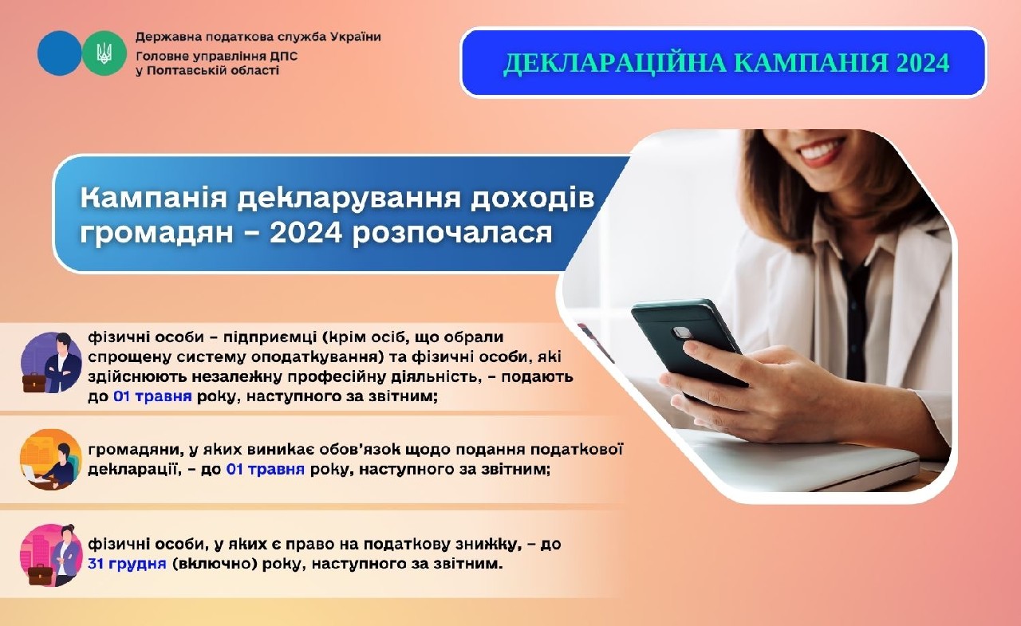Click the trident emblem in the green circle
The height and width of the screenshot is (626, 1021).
(104, 53)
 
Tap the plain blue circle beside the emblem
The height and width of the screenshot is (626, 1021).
(59, 53)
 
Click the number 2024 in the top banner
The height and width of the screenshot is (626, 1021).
(917, 63)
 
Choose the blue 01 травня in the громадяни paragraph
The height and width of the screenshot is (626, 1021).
(266, 469)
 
